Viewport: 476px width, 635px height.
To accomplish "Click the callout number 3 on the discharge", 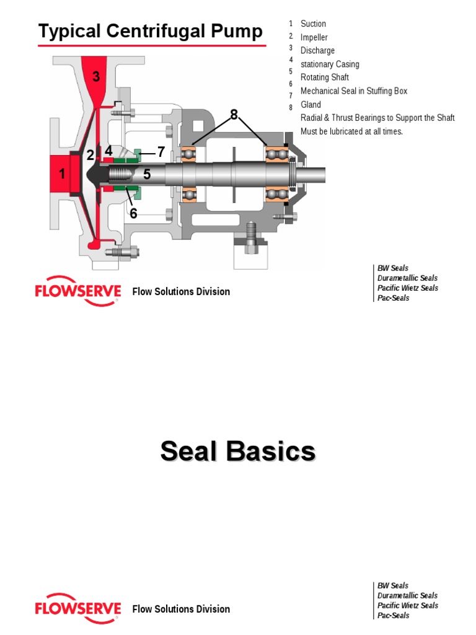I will coord(96,77).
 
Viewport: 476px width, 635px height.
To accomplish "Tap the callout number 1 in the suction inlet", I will coord(62,174).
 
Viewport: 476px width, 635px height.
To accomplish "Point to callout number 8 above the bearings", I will coord(234,114).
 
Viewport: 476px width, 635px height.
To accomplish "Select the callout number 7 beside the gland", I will coord(161,151).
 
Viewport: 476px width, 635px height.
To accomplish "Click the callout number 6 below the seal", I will coord(133,213).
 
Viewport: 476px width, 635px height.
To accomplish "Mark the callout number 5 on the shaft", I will coord(147,175).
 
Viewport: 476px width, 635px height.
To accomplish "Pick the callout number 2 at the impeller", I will coord(90,156).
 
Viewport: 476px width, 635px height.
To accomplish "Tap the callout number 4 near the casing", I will coord(108,151).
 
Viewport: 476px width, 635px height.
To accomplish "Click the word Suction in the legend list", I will coord(313,24).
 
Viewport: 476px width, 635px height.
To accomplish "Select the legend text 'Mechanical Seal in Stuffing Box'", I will coord(354,91).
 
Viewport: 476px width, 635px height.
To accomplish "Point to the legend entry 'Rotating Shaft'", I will coord(324,78).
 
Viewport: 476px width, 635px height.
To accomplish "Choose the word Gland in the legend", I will coord(311,105).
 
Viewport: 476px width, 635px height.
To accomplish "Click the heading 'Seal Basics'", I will coord(238,451).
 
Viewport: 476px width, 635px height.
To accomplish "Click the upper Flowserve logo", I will coord(77,290).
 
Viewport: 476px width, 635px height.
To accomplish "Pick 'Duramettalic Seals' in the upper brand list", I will coord(407,278).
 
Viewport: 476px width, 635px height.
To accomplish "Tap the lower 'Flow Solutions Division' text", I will coord(181,609).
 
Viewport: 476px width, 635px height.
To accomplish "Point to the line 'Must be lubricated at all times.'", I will coord(351,131).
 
